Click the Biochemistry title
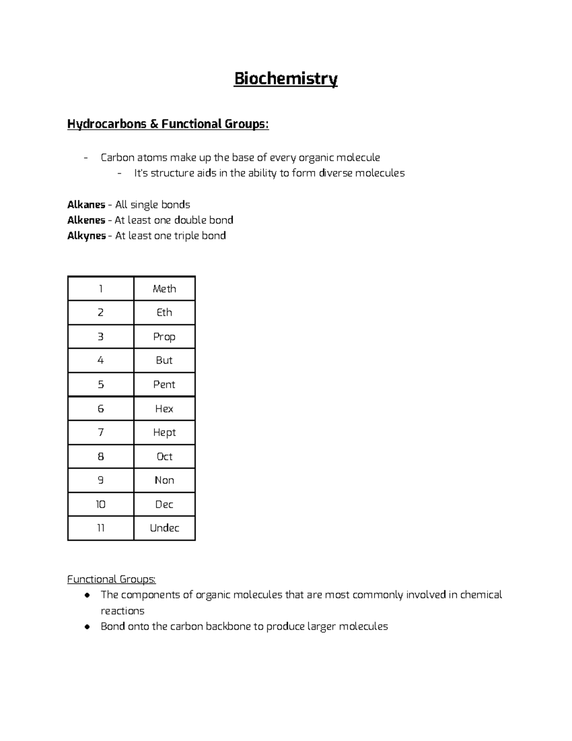pos(286,79)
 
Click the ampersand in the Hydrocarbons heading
pos(154,124)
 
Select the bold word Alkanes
pos(86,205)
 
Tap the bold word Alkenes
pos(86,220)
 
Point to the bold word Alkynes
pos(86,236)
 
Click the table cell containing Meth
pos(164,289)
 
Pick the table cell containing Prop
pos(164,337)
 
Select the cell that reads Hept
pos(164,432)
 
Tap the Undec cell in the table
pos(164,528)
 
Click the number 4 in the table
pos(101,360)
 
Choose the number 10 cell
pos(101,504)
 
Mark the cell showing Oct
pos(164,457)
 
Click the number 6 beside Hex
pos(101,408)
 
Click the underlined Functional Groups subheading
pos(111,579)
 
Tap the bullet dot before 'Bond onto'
pos(87,626)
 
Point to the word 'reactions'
pos(123,611)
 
